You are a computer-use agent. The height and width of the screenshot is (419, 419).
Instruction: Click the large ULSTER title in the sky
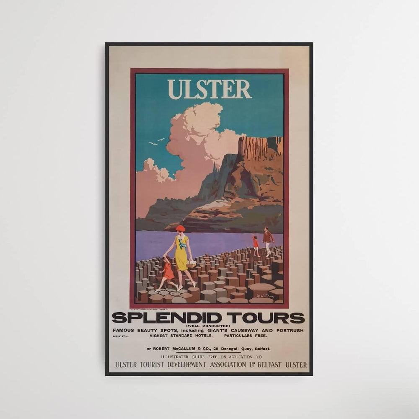click(x=209, y=89)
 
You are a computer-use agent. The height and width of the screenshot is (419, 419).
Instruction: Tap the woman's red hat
click(x=180, y=228)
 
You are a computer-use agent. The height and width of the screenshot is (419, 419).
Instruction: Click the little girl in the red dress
click(x=168, y=272)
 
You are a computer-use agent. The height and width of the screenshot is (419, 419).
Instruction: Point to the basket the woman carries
click(x=191, y=264)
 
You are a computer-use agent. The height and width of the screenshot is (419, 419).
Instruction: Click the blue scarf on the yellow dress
click(x=182, y=243)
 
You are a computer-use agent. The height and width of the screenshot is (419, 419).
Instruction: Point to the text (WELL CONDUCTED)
click(x=208, y=326)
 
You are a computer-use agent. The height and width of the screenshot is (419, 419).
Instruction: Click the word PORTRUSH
click(x=288, y=331)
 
